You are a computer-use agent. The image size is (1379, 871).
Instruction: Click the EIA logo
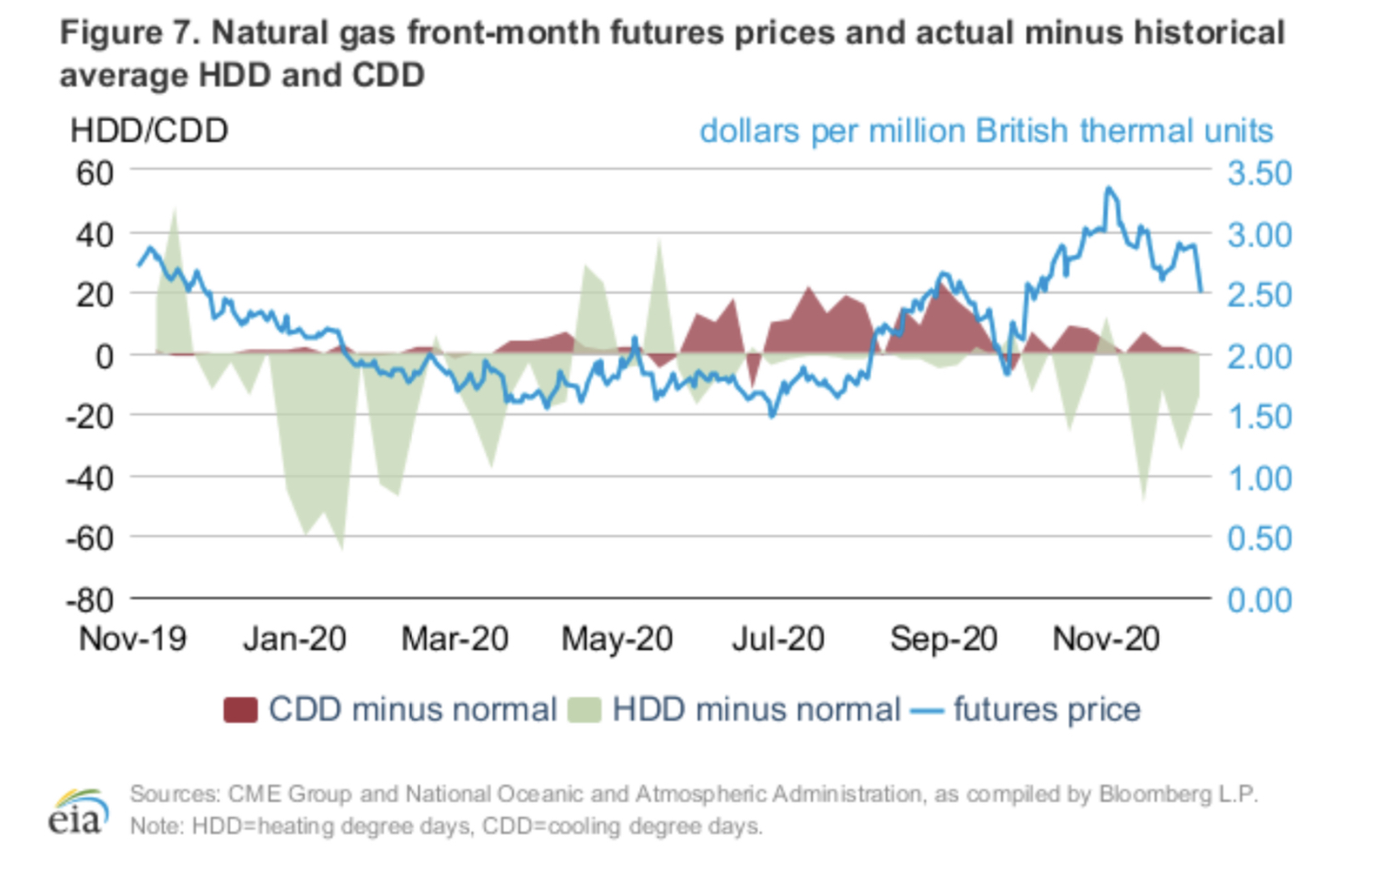coord(77,811)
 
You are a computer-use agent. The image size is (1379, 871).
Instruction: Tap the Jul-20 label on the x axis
coord(778,639)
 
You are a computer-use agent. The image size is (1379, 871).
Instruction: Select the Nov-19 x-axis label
coord(133,639)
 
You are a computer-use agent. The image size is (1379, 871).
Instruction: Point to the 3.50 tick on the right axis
coord(1259,173)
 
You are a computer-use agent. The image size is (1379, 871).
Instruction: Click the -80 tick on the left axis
coord(89,600)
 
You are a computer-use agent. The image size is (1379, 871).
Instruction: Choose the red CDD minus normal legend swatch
coord(240,710)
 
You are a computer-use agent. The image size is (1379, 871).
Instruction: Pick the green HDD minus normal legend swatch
coord(585,710)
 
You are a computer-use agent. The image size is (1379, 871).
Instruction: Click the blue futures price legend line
coord(926,710)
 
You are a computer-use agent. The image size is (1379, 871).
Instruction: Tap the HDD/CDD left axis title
coord(149,131)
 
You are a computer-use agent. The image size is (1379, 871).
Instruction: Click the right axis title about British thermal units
coord(986,131)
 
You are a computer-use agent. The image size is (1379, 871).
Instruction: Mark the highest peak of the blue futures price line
coord(1110,189)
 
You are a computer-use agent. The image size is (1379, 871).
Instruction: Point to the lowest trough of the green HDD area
coord(342,549)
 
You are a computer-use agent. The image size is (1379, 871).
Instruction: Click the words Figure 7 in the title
coord(128,33)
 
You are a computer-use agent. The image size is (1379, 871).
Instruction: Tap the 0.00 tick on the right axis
coord(1259,600)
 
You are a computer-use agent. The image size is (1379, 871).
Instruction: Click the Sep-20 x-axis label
coord(944,639)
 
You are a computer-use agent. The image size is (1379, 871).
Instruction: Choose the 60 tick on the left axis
coord(95,173)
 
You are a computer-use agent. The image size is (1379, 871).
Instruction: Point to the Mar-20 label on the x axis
coord(455,639)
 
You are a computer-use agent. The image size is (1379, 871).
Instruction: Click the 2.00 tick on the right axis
coord(1259,356)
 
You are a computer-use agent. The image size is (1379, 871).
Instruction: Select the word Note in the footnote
coord(156,826)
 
